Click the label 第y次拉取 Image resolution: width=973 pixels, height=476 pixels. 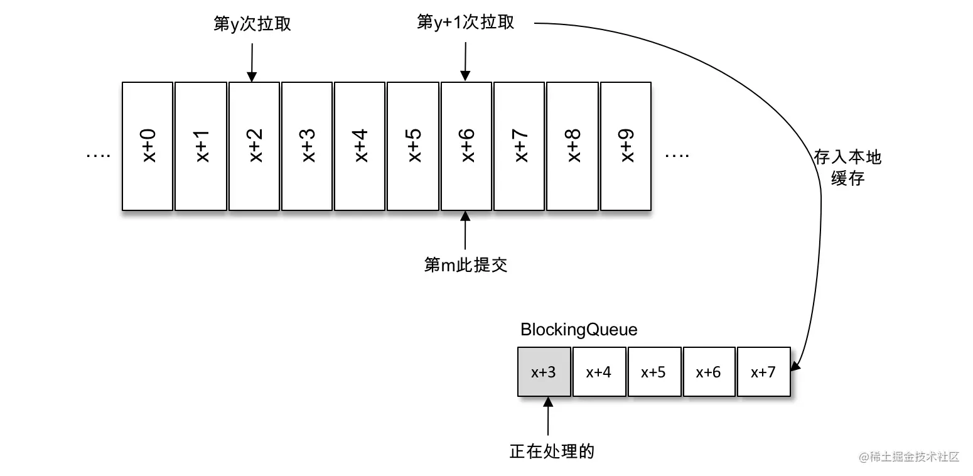click(x=252, y=25)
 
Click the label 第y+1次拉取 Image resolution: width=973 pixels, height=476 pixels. click(x=465, y=23)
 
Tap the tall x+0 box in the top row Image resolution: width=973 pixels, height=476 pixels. click(x=148, y=146)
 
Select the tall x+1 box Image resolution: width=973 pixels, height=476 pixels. click(x=200, y=146)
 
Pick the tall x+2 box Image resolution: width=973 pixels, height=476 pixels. click(x=254, y=146)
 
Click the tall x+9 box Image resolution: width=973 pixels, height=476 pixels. click(x=626, y=146)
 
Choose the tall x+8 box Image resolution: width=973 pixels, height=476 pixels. click(x=573, y=146)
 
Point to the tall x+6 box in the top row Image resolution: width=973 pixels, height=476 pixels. click(x=466, y=146)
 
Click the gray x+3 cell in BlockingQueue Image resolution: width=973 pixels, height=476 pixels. click(x=544, y=372)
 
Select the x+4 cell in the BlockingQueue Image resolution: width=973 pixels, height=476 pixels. click(x=599, y=372)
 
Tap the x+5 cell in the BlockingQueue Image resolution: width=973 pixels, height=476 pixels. click(x=653, y=372)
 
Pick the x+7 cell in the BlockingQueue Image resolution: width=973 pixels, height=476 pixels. click(x=763, y=372)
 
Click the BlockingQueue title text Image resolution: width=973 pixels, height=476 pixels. click(x=579, y=330)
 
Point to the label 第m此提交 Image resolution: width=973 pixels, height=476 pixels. click(x=465, y=265)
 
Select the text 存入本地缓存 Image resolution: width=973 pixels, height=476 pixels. click(x=847, y=168)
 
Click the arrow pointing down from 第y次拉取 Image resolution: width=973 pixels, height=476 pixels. click(x=252, y=62)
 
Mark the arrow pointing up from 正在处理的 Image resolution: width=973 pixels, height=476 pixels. click(x=549, y=418)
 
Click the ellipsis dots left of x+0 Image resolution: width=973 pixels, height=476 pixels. click(x=98, y=155)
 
